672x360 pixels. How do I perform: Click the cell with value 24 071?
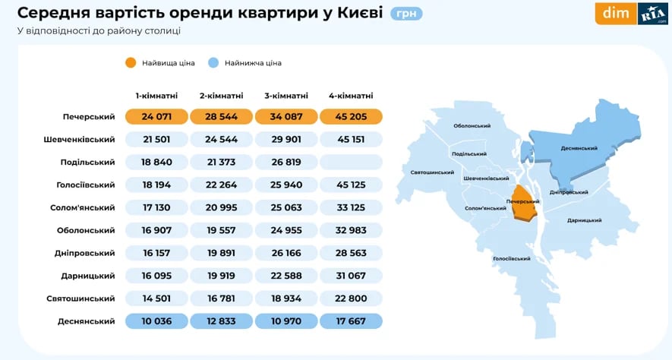pos(157,116)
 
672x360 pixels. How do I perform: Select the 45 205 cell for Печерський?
pos(351,116)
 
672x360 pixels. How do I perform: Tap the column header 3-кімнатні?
pos(286,96)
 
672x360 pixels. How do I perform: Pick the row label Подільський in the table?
pos(87,162)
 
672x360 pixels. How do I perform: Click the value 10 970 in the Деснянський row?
pos(286,321)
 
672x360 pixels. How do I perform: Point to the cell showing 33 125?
pos(351,207)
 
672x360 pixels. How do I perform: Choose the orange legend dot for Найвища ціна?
pos(131,63)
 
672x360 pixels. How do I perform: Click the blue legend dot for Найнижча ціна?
pos(213,63)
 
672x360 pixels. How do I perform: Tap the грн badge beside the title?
pos(407,14)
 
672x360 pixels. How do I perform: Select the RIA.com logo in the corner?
pos(652,14)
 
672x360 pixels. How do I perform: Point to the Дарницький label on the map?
pos(584,220)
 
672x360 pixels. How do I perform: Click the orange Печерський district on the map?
pos(524,204)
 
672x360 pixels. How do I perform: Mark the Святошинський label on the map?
pos(431,172)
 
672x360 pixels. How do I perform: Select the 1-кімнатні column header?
pos(157,96)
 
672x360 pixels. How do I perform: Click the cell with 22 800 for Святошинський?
pos(351,298)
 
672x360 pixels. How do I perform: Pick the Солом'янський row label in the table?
pos(85,207)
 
